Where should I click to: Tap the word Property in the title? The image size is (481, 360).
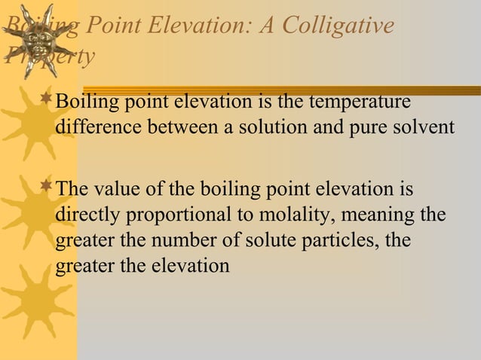tap(48, 56)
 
